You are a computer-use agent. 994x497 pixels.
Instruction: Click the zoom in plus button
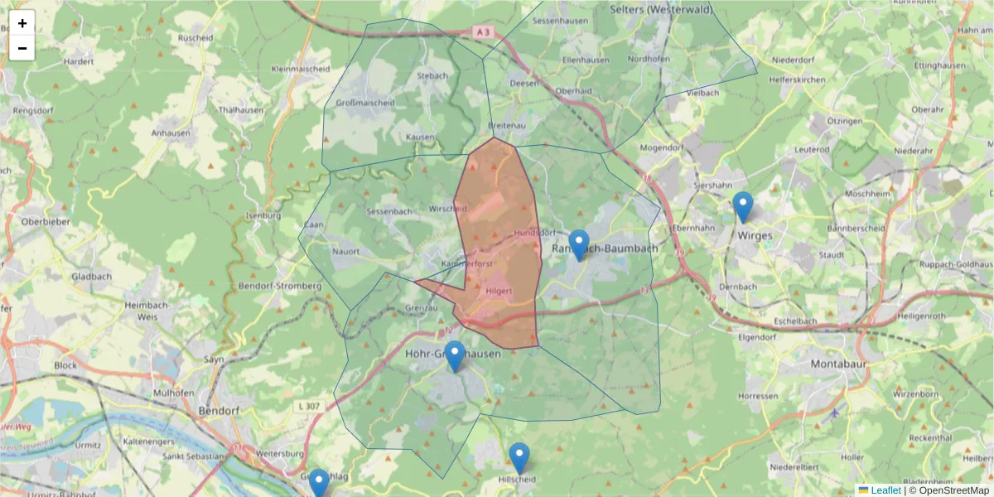[x=22, y=23]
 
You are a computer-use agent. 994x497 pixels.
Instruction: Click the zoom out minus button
[x=22, y=48]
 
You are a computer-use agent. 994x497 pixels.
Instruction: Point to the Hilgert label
[x=499, y=292]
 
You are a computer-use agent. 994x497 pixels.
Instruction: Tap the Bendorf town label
[x=220, y=410]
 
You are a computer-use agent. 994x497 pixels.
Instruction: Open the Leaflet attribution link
[x=885, y=490]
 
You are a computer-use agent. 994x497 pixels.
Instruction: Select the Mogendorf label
[x=659, y=147]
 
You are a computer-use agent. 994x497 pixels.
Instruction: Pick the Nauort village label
[x=345, y=250]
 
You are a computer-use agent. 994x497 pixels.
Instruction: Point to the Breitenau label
[x=509, y=124]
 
